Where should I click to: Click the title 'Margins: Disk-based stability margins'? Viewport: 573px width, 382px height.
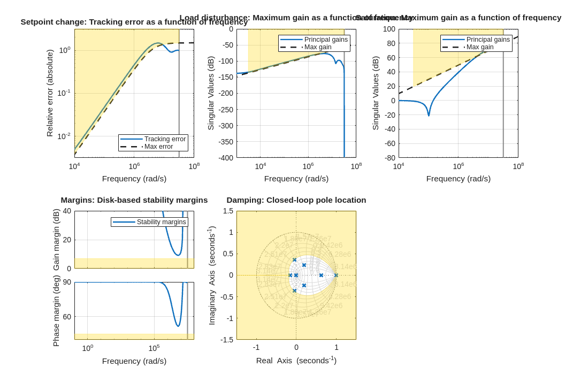coord(134,200)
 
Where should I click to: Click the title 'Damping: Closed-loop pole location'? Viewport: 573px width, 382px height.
coord(296,200)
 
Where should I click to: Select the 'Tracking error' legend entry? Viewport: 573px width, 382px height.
coord(165,139)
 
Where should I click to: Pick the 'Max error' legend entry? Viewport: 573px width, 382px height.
coord(158,147)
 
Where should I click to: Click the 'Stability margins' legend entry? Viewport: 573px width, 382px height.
coord(161,222)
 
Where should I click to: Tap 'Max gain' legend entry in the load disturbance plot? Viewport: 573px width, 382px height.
coord(318,47)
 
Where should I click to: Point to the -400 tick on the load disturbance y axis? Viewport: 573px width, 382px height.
coord(224,158)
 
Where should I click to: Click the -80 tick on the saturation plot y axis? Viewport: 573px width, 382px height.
coord(388,158)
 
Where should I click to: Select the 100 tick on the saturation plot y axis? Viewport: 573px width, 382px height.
coord(389,29)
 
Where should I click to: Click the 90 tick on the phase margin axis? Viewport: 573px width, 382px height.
coord(67,282)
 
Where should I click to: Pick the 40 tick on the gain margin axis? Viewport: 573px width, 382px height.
coord(67,211)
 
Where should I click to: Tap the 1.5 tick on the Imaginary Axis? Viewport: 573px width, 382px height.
coord(228,211)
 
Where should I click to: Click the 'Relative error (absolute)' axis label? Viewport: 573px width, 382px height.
coord(50,93)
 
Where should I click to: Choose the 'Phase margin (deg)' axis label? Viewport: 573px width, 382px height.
coord(56,311)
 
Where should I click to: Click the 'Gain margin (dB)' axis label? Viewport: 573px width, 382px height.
coord(56,240)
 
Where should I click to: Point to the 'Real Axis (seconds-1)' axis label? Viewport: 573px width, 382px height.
coord(296,360)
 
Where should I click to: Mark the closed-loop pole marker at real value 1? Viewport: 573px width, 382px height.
coord(336,276)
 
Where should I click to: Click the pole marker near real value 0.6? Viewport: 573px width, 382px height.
coord(321,276)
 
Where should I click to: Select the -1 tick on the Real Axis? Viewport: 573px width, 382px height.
coord(256,347)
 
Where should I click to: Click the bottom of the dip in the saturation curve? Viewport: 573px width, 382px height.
coord(429,115)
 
